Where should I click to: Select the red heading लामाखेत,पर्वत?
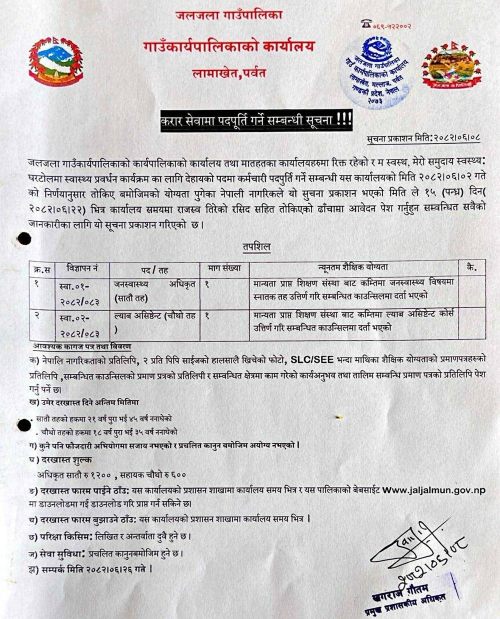(228, 72)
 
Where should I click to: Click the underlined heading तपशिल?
(257, 247)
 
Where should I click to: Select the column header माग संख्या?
(224, 268)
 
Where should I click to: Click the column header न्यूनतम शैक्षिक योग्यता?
(353, 268)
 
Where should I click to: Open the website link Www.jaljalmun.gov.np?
(434, 490)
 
